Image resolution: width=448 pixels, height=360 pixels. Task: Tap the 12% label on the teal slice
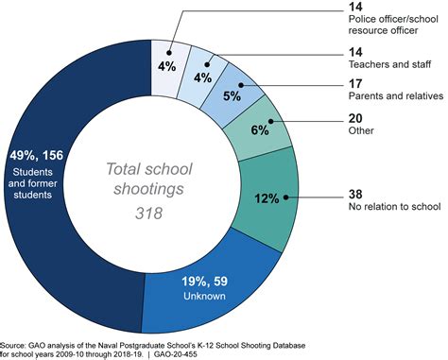click(265, 199)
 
